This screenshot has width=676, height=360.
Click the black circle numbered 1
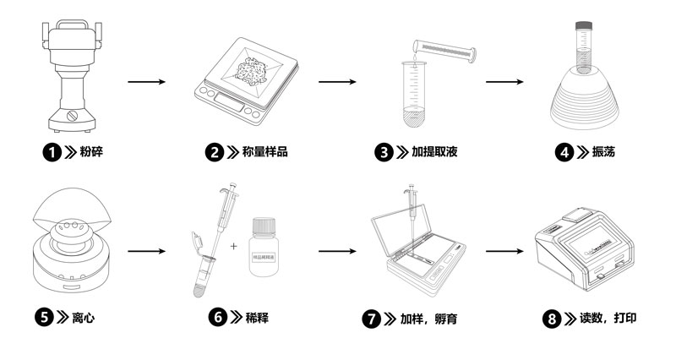52,152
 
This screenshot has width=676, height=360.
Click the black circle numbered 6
218,318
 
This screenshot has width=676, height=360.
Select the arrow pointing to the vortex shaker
513,83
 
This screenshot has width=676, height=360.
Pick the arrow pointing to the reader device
513,251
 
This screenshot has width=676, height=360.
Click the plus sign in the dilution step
233,246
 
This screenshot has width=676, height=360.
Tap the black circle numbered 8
552,319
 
